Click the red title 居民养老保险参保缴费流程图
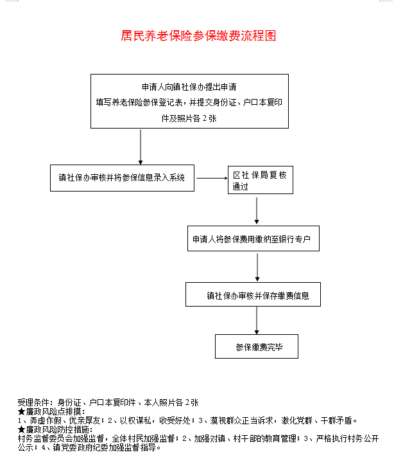[198, 36]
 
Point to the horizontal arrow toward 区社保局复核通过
[212, 178]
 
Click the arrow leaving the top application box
[141, 147]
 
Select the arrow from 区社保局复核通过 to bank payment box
[257, 210]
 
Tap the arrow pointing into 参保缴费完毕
[257, 320]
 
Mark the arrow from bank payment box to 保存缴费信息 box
[257, 267]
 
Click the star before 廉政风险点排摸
[21, 411]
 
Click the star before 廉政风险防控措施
[21, 429]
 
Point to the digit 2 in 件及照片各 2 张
[205, 118]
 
